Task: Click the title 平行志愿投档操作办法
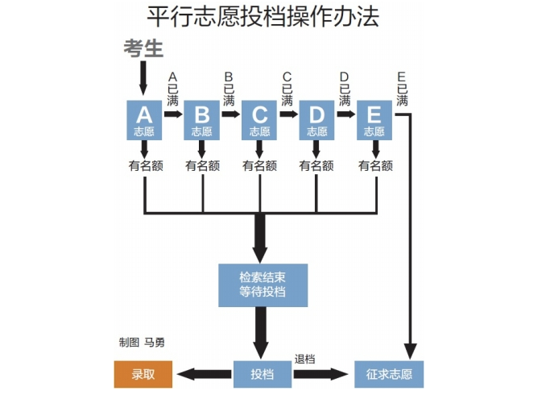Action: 263,17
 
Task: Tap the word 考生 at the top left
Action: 143,48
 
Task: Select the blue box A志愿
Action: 144,120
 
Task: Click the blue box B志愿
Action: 202,120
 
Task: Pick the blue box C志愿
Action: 259,120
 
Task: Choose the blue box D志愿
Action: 316,120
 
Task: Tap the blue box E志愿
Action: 374,120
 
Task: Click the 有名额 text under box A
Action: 145,166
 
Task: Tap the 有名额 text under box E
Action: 375,166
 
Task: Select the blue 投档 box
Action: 262,374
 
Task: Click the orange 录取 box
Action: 143,374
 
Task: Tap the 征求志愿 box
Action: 388,374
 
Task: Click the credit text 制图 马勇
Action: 142,342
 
